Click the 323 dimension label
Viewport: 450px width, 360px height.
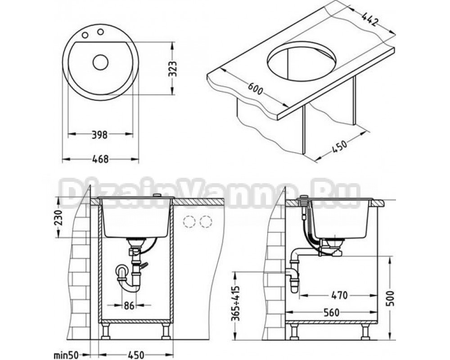coord(172,68)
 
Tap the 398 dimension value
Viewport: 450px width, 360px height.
coord(99,135)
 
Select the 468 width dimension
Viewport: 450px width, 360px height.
coord(100,159)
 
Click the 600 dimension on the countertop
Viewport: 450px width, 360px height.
coord(255,89)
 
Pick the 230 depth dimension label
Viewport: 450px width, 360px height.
coord(58,218)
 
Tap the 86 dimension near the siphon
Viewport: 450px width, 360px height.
coord(129,306)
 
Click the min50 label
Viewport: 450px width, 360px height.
coord(66,355)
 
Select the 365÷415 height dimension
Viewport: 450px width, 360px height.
coord(236,304)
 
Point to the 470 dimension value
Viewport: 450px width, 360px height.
coord(339,295)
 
